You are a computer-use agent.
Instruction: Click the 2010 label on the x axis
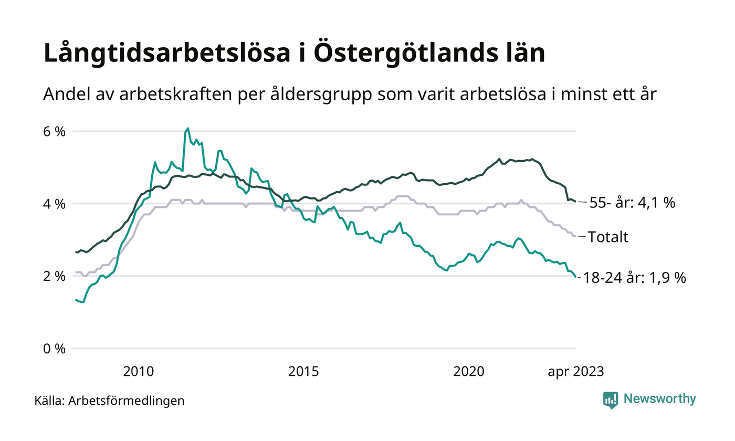pyautogui.click(x=139, y=372)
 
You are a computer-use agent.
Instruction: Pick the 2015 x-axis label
pyautogui.click(x=303, y=372)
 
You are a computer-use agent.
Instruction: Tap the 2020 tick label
pyautogui.click(x=469, y=372)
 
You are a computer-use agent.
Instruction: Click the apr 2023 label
pyautogui.click(x=575, y=372)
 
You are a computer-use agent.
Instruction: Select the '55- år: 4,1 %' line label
pyautogui.click(x=632, y=203)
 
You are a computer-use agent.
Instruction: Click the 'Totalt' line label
pyautogui.click(x=608, y=237)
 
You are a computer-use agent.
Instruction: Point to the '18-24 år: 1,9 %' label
pyautogui.click(x=635, y=278)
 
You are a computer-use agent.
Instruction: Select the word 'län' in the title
pyautogui.click(x=523, y=55)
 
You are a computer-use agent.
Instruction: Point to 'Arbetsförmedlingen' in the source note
pyautogui.click(x=127, y=401)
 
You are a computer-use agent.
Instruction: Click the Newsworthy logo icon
pyautogui.click(x=611, y=400)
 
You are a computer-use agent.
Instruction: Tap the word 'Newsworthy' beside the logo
pyautogui.click(x=659, y=399)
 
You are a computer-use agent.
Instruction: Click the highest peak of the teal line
pyautogui.click(x=188, y=128)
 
